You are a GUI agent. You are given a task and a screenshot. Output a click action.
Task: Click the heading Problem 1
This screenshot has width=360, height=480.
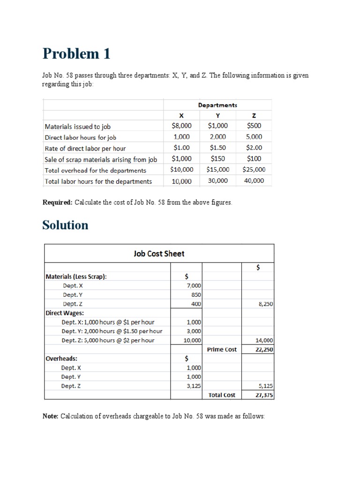point(76,54)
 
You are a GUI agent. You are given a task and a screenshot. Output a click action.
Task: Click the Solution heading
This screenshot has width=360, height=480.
point(65,225)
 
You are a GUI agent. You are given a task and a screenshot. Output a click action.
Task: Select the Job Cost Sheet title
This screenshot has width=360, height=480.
point(159,254)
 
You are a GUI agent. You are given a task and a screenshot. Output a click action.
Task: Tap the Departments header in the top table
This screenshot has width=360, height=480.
point(217,105)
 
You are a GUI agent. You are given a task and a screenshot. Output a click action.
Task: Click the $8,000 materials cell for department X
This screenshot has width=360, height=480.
point(181,126)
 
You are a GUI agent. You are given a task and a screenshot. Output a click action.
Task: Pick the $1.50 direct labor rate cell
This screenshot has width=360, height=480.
point(217,148)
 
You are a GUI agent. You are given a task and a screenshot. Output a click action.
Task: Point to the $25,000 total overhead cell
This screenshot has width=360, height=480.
point(254,170)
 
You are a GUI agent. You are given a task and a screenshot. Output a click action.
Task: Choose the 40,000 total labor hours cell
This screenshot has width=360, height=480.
point(254,180)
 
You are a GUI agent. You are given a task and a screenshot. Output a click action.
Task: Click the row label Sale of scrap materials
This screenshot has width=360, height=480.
point(100,159)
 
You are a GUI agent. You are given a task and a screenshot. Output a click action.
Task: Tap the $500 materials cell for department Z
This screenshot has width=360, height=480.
point(254,126)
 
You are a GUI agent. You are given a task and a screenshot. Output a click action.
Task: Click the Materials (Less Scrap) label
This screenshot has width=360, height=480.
point(76,277)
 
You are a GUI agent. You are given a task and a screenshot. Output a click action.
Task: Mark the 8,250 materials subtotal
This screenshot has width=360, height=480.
point(266,304)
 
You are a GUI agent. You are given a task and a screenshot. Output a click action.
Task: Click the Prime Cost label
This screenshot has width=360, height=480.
point(222,350)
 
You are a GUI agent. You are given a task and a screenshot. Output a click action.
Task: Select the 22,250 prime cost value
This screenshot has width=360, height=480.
point(265,350)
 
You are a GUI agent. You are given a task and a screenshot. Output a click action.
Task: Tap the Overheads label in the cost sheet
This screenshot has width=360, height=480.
point(61,359)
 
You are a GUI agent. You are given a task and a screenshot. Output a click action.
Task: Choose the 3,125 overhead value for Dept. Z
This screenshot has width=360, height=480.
point(194,386)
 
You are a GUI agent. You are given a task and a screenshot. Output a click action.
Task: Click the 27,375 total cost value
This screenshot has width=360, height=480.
point(265,395)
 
